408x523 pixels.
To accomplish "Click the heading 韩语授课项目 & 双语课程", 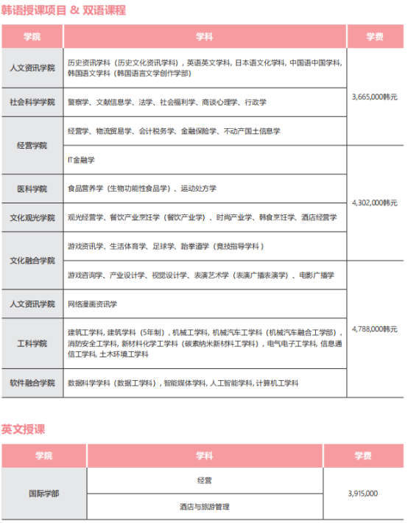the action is click(63, 11).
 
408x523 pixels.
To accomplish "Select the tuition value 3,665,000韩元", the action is click(375, 96).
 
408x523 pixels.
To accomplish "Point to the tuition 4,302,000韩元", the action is click(375, 202).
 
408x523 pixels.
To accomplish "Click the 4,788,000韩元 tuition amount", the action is click(375, 329).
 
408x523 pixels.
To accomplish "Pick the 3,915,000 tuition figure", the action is click(362, 494).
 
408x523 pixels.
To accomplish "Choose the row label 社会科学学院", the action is click(32, 102).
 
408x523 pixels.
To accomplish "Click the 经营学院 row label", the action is click(32, 145).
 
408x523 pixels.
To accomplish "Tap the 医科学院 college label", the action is click(32, 189).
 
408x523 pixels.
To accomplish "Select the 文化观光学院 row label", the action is click(32, 217).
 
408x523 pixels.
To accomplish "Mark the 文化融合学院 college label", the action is click(32, 261).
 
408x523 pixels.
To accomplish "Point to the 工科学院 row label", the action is click(32, 343).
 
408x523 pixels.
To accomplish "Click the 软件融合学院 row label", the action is click(32, 383).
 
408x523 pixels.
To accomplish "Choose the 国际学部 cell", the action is click(43, 494).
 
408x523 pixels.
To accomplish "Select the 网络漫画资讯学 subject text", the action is click(92, 303).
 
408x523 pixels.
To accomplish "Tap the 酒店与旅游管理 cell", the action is click(205, 507).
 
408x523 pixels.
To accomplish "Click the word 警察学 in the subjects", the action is click(78, 102).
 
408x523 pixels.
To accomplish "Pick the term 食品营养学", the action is click(85, 189).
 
